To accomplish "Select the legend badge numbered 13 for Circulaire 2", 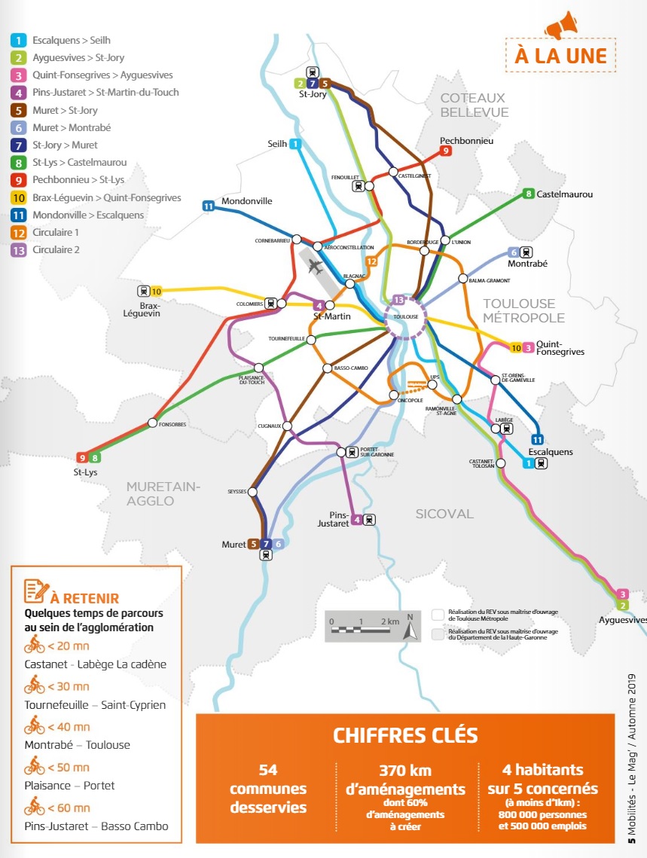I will pos(17,250).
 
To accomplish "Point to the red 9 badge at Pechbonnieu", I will pos(447,151).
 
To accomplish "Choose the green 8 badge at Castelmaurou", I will pos(529,194).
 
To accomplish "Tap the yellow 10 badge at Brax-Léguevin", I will pos(157,291).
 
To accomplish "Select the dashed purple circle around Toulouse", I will pos(406,317).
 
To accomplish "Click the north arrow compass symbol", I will pos(410,626).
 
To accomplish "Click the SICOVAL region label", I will pos(444,514).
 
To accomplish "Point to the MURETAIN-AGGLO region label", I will pos(163,493).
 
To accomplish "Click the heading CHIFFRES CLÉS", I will pos(405,734).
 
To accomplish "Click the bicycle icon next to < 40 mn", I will pos(35,726).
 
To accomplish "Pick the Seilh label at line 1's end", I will pos(276,143).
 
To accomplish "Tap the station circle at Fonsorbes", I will pos(153,423).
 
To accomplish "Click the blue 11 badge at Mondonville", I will pos(209,206).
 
